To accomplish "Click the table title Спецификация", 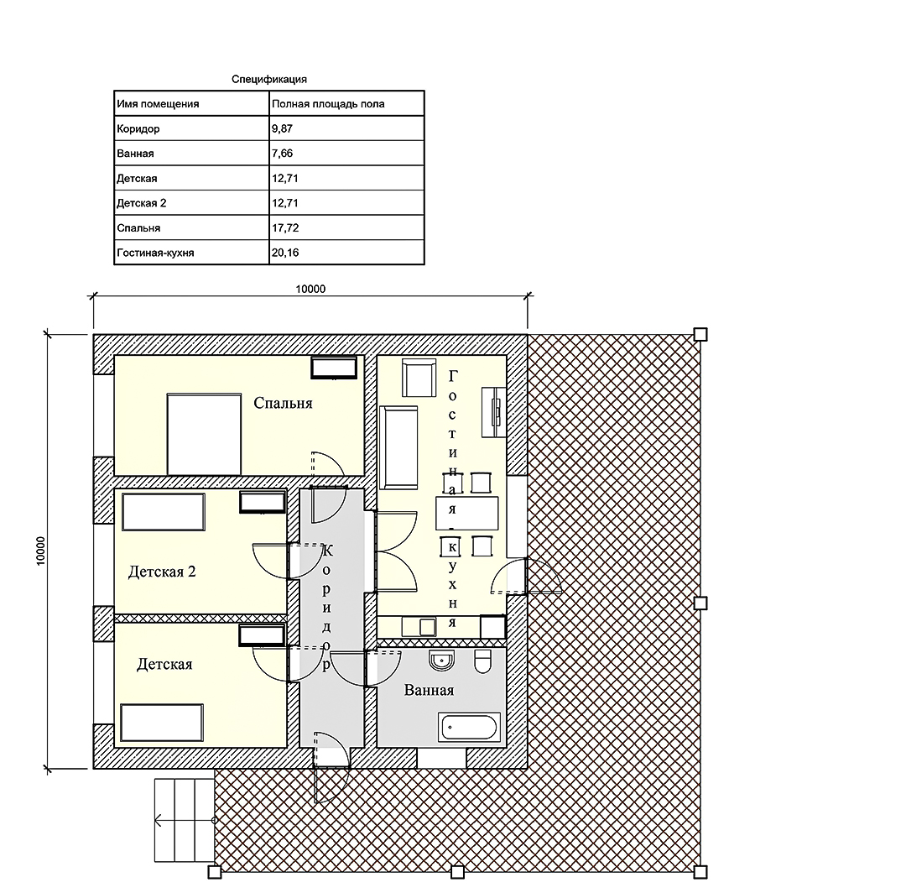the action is (268, 79).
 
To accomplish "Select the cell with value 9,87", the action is (346, 128).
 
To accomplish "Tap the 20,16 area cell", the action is (346, 253).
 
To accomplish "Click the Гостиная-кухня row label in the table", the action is (155, 253).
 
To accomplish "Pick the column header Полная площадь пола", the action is (328, 104).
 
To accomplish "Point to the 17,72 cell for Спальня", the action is (346, 227).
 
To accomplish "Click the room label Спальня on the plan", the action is (283, 403).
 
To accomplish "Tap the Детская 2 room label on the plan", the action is (162, 572).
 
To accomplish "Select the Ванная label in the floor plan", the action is (429, 690).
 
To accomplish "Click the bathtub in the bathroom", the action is (469, 728).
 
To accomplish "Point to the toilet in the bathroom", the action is (482, 661).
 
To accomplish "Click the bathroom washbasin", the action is (442, 660).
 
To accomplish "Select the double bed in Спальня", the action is (204, 434).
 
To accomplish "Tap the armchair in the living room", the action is (419, 378).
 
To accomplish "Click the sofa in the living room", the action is (398, 447).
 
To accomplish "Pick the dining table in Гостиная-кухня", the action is (467, 514).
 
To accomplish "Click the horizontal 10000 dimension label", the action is (310, 289).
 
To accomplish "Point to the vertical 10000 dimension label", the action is (40, 551).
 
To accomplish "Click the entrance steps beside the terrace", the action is (185, 820).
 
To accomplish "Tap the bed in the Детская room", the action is (162, 723).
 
